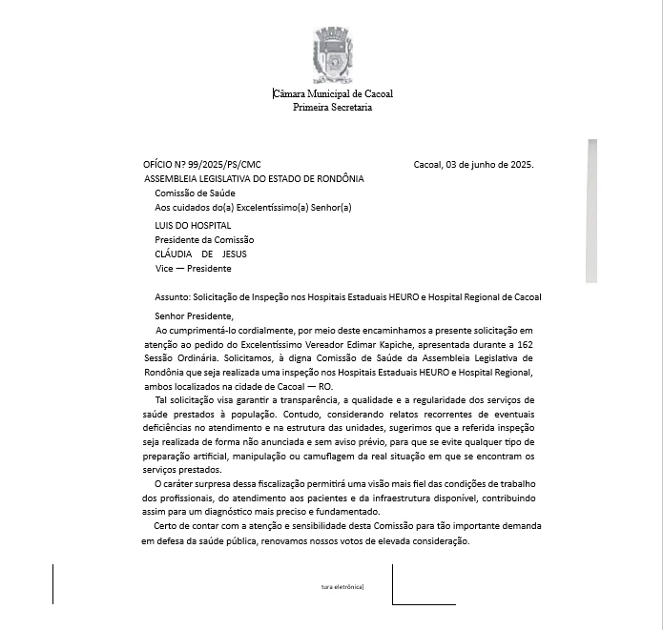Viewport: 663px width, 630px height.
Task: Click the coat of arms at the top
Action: click(332, 55)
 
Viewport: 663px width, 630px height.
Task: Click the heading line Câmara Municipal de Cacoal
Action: click(333, 93)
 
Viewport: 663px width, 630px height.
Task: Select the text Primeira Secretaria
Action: click(332, 107)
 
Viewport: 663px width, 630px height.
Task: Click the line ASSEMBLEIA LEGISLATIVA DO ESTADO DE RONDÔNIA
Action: click(254, 178)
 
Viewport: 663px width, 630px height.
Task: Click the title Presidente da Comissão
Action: click(204, 240)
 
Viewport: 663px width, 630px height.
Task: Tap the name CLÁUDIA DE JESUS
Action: click(200, 254)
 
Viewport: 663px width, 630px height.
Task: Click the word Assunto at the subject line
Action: click(172, 297)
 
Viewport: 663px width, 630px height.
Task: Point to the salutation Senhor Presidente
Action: click(193, 315)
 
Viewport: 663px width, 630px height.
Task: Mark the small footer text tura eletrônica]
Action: click(342, 586)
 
